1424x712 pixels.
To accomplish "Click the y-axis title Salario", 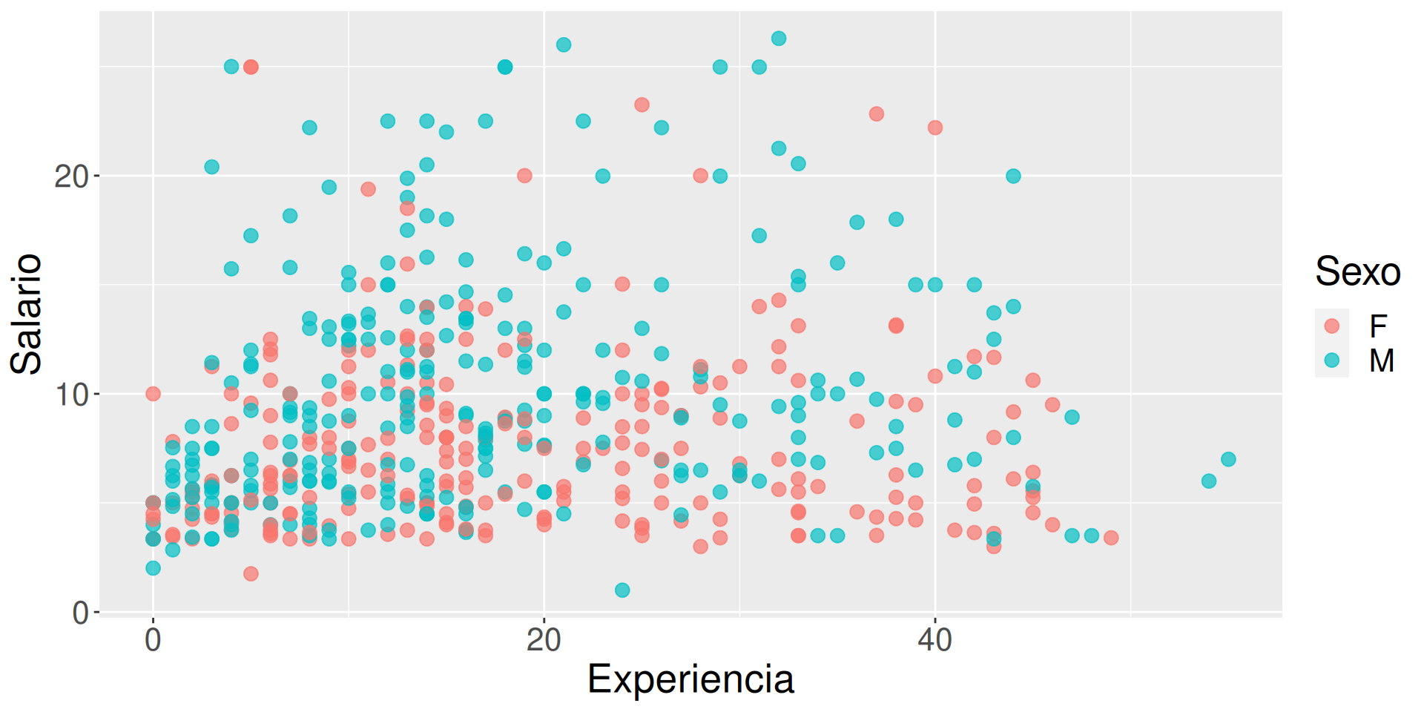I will point(27,314).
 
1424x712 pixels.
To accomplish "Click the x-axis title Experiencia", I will point(690,679).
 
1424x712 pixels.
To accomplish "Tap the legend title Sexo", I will point(1357,271).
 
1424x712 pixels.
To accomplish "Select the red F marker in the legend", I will point(1332,326).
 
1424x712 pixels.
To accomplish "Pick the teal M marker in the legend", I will point(1332,360).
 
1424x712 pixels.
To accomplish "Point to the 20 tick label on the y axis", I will point(71,177).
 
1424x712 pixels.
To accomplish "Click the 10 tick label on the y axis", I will point(71,395).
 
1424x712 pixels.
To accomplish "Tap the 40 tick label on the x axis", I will point(934,639).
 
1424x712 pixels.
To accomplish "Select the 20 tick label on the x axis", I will point(544,639).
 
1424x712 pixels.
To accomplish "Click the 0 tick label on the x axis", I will point(153,639).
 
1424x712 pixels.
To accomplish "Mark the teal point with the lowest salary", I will point(622,590).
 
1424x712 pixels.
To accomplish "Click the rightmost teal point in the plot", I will point(1228,459).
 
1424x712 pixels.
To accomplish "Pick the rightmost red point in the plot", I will point(1111,538).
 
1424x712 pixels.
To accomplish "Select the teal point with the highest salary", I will point(779,39).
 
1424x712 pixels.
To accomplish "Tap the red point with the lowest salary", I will point(251,573).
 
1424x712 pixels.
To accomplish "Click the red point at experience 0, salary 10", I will point(153,393).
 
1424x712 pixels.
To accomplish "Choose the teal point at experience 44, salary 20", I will point(1013,176).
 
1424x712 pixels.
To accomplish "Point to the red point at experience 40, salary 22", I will point(935,128).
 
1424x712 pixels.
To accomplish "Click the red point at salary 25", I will point(251,67).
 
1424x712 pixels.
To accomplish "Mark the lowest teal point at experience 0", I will point(153,568).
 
